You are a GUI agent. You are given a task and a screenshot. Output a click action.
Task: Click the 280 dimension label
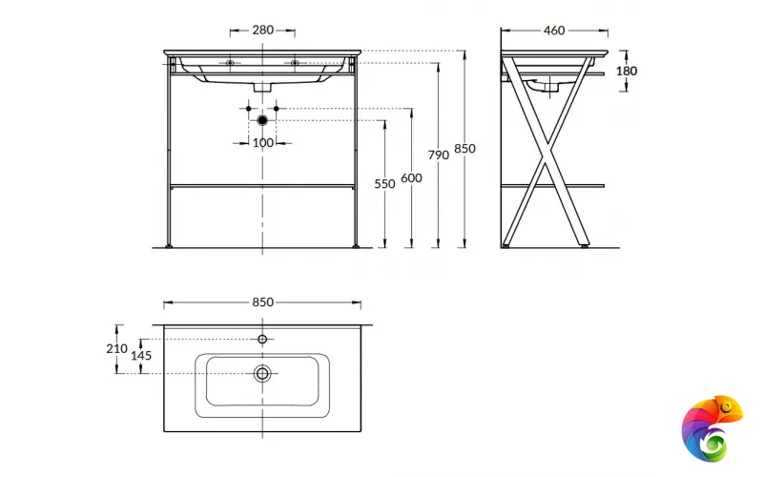263,31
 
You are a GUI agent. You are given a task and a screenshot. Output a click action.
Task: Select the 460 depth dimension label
554,31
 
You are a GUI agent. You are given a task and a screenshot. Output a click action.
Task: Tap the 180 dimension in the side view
627,71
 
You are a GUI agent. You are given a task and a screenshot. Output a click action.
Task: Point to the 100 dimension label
263,143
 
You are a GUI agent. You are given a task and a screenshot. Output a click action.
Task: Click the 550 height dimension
384,184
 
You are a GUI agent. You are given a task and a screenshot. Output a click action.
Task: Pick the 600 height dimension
411,178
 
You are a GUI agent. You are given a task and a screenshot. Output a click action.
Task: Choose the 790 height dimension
439,156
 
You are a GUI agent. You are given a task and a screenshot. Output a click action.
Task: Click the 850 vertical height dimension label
464,149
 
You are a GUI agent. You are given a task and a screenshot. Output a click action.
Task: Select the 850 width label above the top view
263,302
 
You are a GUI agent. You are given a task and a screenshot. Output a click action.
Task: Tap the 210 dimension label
116,348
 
